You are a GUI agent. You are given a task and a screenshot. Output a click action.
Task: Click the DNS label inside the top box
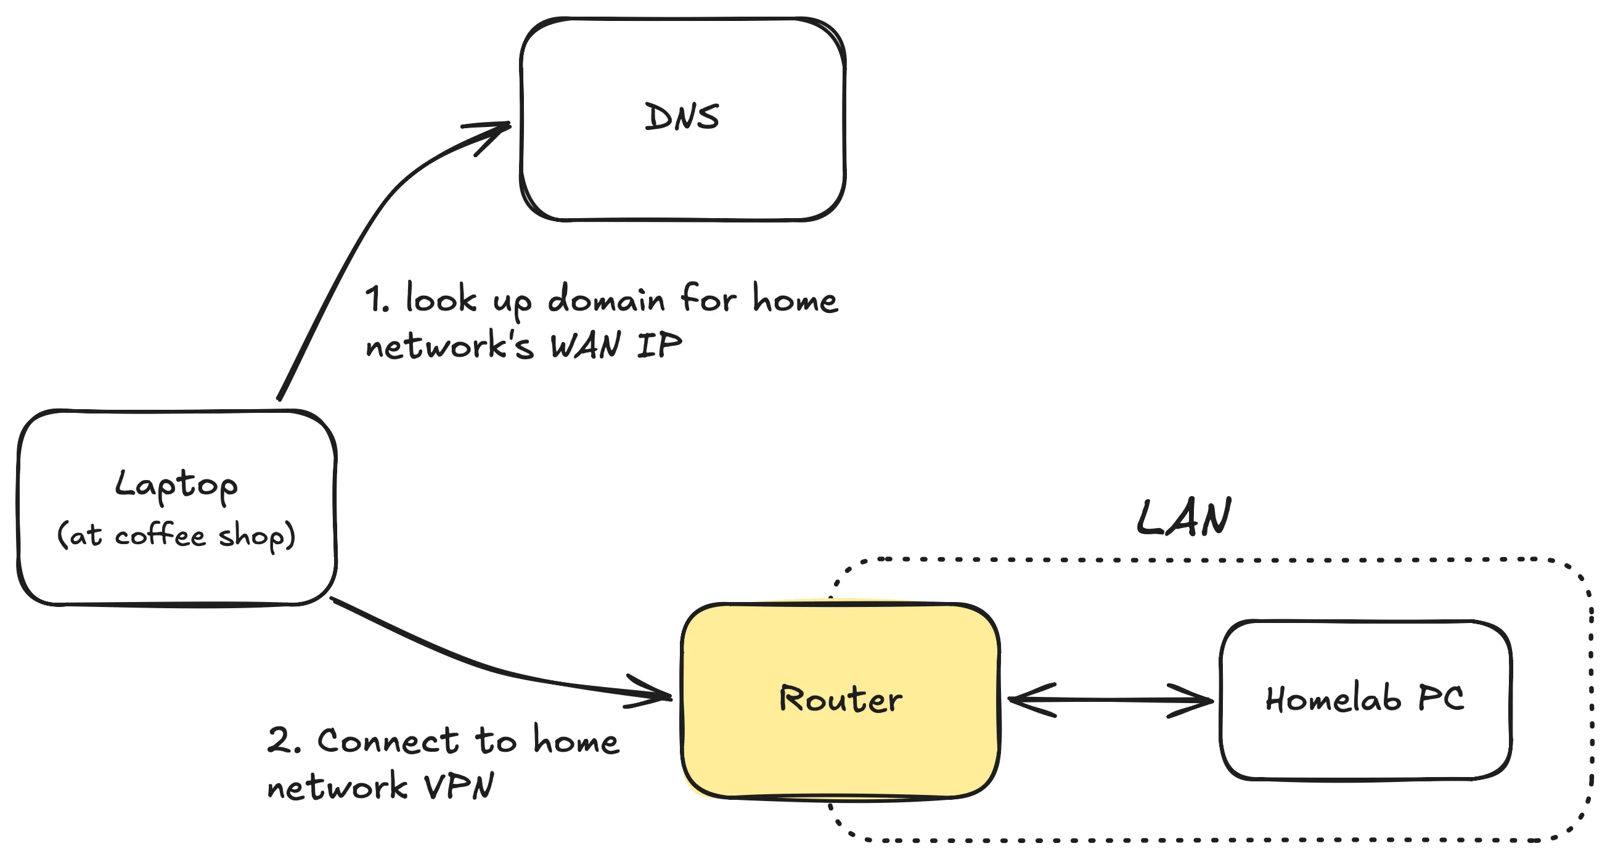click(681, 118)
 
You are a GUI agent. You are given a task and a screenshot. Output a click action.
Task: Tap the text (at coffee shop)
click(176, 535)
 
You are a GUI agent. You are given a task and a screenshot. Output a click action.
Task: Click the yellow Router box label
click(841, 698)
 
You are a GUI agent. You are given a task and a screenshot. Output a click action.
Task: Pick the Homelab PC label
click(1365, 698)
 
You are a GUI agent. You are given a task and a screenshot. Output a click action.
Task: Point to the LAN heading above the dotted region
click(1183, 518)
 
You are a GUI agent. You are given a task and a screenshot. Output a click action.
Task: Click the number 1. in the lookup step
click(377, 300)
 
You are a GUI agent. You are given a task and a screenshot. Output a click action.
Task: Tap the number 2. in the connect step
click(284, 741)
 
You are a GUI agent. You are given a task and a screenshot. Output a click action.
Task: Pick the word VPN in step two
click(459, 786)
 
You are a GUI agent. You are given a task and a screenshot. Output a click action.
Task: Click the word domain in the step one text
click(607, 300)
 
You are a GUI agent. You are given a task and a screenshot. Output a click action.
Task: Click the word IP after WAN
click(660, 346)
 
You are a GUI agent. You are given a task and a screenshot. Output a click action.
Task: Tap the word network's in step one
click(449, 346)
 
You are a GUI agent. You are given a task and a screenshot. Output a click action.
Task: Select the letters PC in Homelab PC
click(1440, 698)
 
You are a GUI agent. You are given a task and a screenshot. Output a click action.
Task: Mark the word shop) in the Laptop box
click(257, 536)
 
